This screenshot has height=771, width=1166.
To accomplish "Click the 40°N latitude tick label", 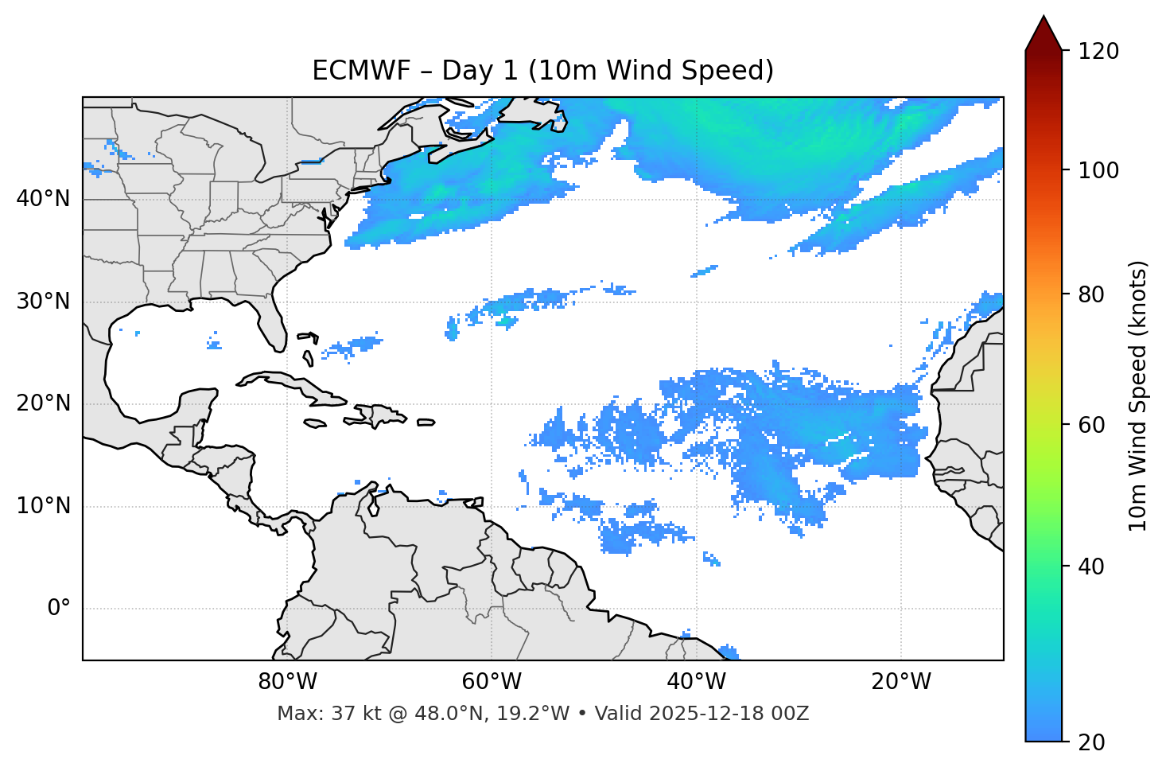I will [43, 199].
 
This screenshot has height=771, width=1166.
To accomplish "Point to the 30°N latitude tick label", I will [43, 302].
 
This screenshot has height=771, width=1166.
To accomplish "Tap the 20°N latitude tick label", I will [43, 404].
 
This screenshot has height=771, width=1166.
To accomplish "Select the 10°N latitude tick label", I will [43, 507].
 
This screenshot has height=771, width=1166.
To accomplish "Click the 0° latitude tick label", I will [59, 609].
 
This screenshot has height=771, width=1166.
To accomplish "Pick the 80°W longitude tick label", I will [287, 682].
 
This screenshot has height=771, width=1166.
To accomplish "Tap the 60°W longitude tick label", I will [492, 682].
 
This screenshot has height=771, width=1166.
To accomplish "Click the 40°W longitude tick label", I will [696, 682].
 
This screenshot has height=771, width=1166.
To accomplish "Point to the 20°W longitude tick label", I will [901, 682].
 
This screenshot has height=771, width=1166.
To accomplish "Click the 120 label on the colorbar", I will [1098, 52].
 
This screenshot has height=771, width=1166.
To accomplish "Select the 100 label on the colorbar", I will [1098, 170].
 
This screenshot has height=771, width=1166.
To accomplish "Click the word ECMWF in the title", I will [350, 71].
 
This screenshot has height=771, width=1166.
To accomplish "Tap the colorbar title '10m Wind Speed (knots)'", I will [1139, 396].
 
